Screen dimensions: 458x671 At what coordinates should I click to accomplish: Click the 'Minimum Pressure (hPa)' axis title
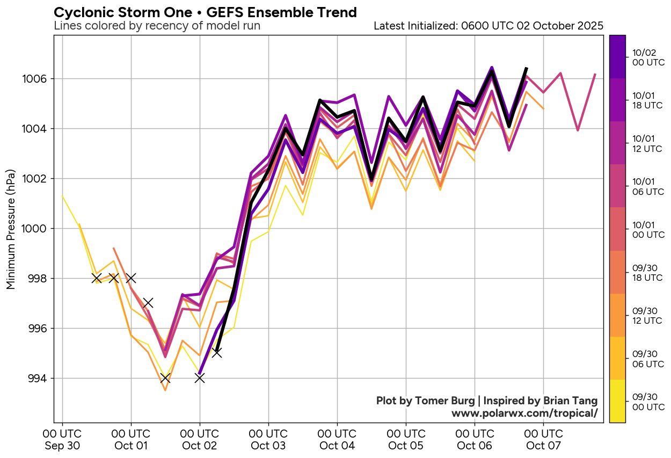pyautogui.click(x=11, y=229)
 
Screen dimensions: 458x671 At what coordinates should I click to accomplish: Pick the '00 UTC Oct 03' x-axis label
pyautogui.click(x=268, y=439)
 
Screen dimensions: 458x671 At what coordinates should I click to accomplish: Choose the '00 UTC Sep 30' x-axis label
pyautogui.click(x=62, y=439)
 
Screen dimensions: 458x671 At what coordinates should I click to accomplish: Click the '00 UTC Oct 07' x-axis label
pyautogui.click(x=544, y=439)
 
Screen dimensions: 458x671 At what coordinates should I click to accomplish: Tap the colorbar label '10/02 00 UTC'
pyautogui.click(x=648, y=57)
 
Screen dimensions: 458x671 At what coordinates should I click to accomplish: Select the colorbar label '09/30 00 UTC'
pyautogui.click(x=648, y=401)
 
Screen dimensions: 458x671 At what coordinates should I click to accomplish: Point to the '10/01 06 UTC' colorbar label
pyautogui.click(x=648, y=186)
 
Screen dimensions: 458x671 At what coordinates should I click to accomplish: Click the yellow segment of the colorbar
pyautogui.click(x=617, y=401)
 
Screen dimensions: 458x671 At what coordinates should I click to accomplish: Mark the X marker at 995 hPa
pyautogui.click(x=217, y=353)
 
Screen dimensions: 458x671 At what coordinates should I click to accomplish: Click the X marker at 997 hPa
pyautogui.click(x=148, y=303)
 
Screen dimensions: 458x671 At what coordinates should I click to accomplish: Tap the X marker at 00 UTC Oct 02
pyautogui.click(x=200, y=378)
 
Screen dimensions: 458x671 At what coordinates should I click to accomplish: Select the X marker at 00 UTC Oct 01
pyautogui.click(x=131, y=278)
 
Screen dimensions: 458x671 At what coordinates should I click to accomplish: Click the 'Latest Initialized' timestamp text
pyautogui.click(x=488, y=26)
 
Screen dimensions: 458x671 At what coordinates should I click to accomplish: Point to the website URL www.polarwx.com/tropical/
pyautogui.click(x=524, y=413)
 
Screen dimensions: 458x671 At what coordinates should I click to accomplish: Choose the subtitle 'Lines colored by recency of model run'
pyautogui.click(x=157, y=26)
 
